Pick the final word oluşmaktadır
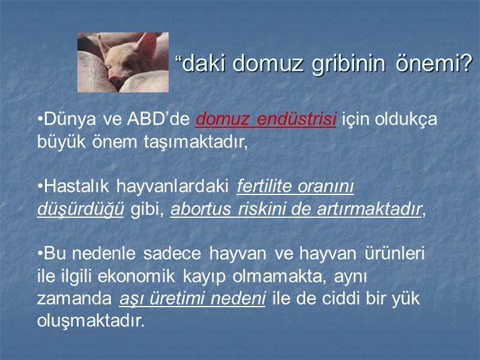coord(91,320)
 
